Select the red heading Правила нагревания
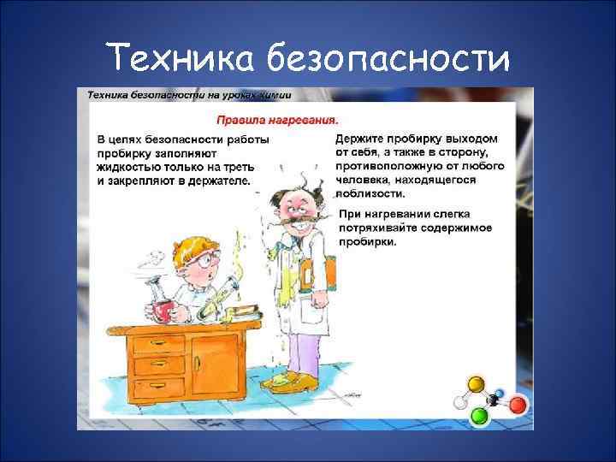(276, 120)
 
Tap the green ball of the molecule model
(479, 416)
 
